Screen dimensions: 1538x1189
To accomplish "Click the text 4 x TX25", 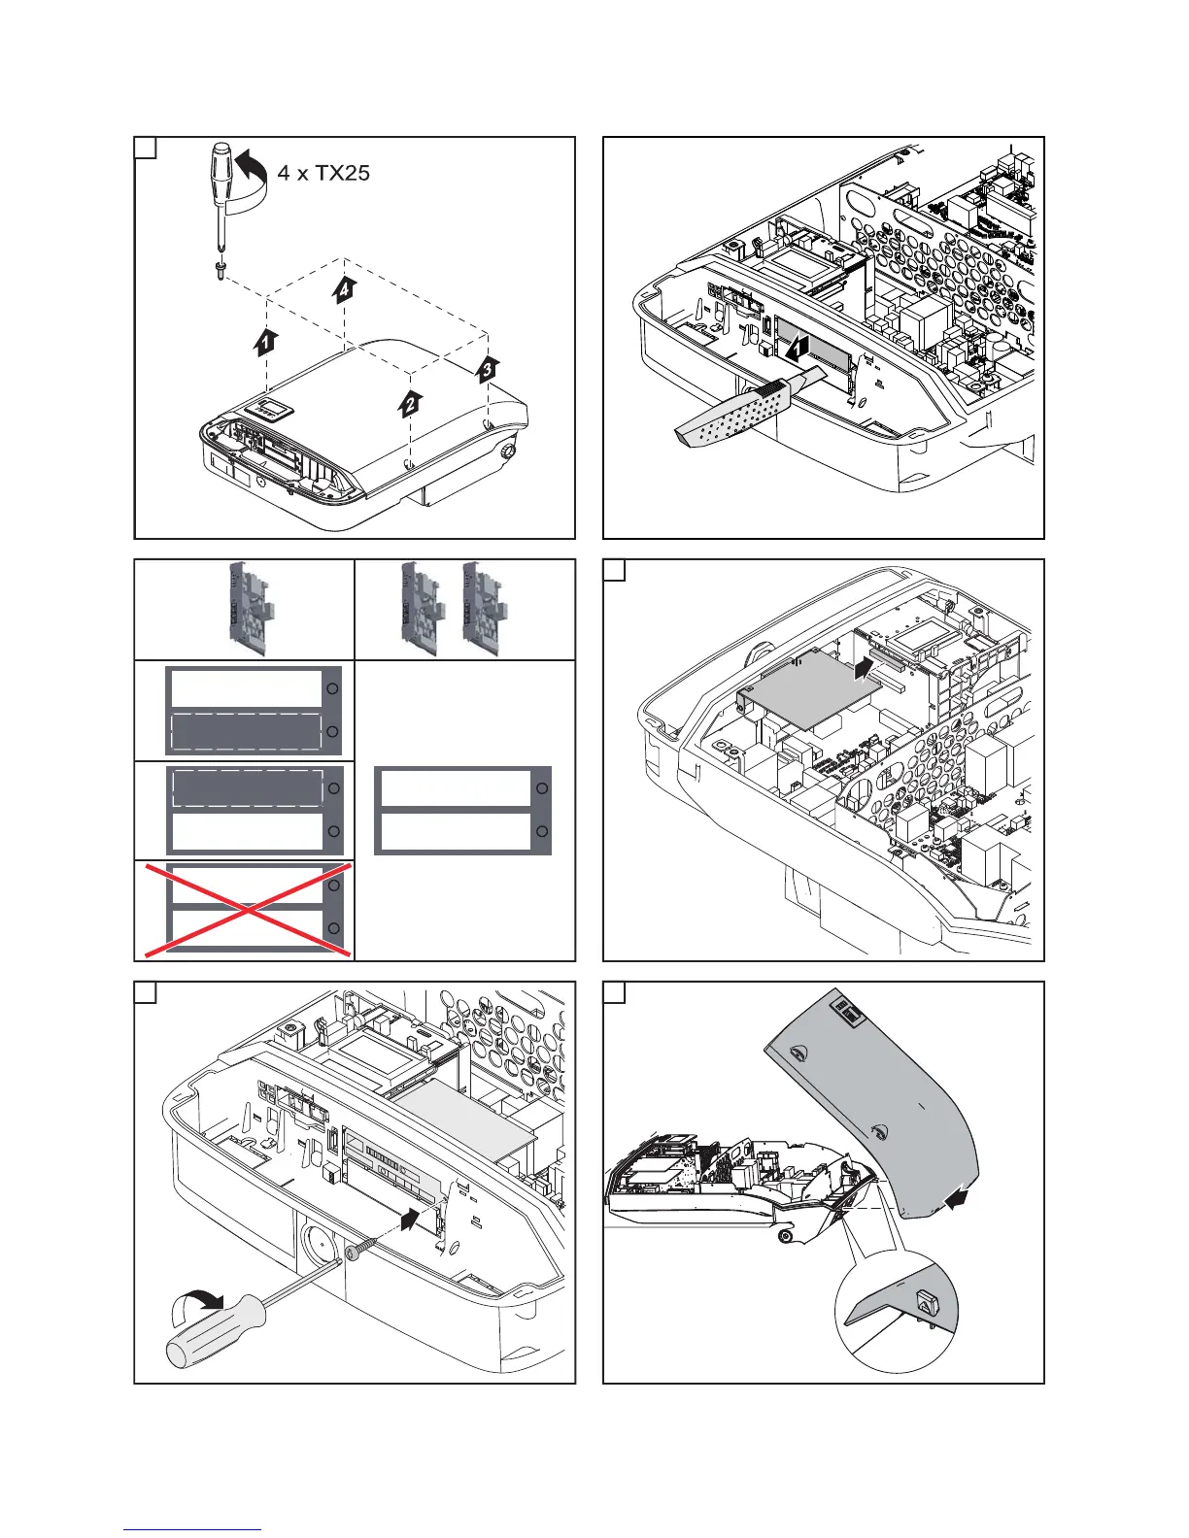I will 323,174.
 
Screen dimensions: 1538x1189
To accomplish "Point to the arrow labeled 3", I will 488,368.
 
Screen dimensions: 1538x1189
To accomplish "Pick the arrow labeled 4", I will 345,288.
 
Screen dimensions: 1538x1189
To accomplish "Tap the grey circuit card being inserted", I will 806,687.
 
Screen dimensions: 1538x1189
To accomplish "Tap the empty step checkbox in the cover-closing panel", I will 614,992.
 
